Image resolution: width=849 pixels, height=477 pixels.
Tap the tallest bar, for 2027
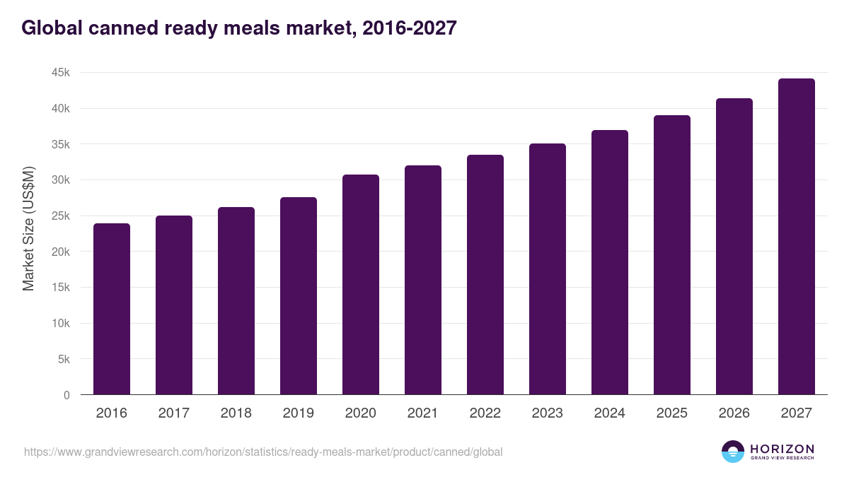(797, 237)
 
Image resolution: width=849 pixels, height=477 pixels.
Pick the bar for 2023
(548, 269)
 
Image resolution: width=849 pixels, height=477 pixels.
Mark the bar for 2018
(236, 301)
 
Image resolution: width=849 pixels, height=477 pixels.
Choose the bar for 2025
(672, 255)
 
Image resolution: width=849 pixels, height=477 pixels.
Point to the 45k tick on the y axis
(60, 73)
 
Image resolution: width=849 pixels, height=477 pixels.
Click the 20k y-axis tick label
(60, 252)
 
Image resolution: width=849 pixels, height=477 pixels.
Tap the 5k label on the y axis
(63, 359)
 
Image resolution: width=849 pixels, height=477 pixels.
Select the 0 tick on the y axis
(67, 395)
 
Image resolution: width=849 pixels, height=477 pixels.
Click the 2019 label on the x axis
(299, 413)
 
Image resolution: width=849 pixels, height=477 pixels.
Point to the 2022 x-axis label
(485, 413)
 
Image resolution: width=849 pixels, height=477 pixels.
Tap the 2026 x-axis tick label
(734, 413)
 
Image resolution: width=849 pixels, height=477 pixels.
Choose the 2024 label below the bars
(610, 413)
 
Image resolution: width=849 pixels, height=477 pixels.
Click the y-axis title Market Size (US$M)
(28, 228)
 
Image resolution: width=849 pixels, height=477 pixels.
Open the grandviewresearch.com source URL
(263, 452)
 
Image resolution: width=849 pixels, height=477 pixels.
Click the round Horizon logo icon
(733, 452)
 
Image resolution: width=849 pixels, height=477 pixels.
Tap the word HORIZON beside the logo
(782, 448)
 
